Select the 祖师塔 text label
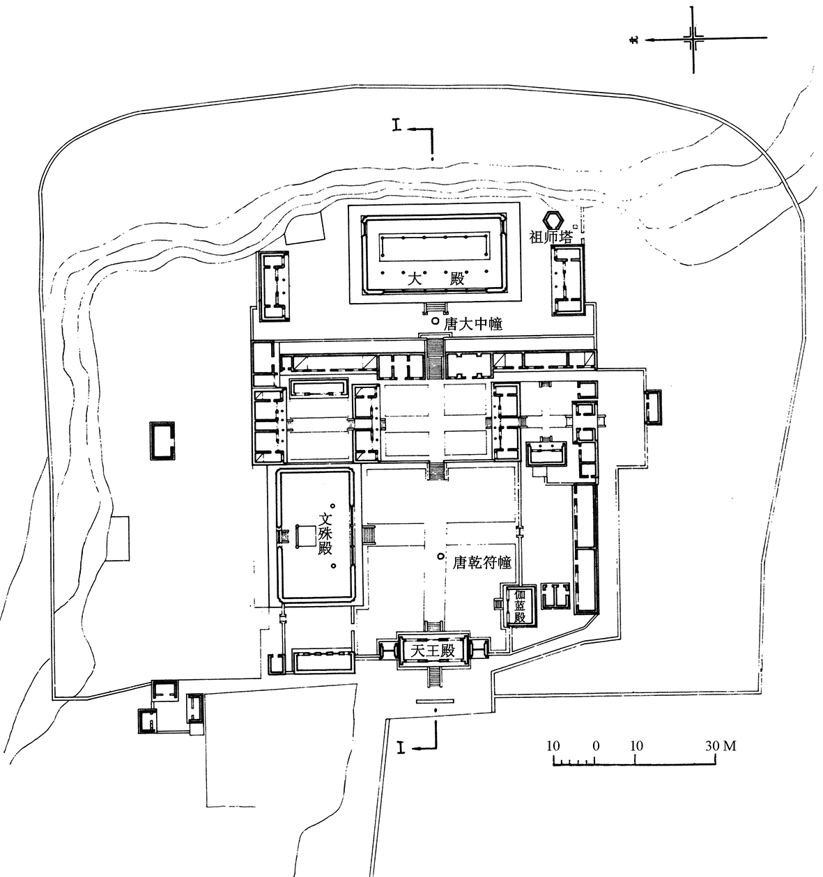(551, 238)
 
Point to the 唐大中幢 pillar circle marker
(436, 321)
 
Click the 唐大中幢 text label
(472, 325)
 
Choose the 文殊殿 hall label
(325, 535)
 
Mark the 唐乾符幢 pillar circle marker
(440, 557)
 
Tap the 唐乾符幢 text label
(482, 563)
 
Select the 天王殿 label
(433, 651)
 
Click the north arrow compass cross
(693, 39)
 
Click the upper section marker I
(397, 126)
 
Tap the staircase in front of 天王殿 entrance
(434, 676)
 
